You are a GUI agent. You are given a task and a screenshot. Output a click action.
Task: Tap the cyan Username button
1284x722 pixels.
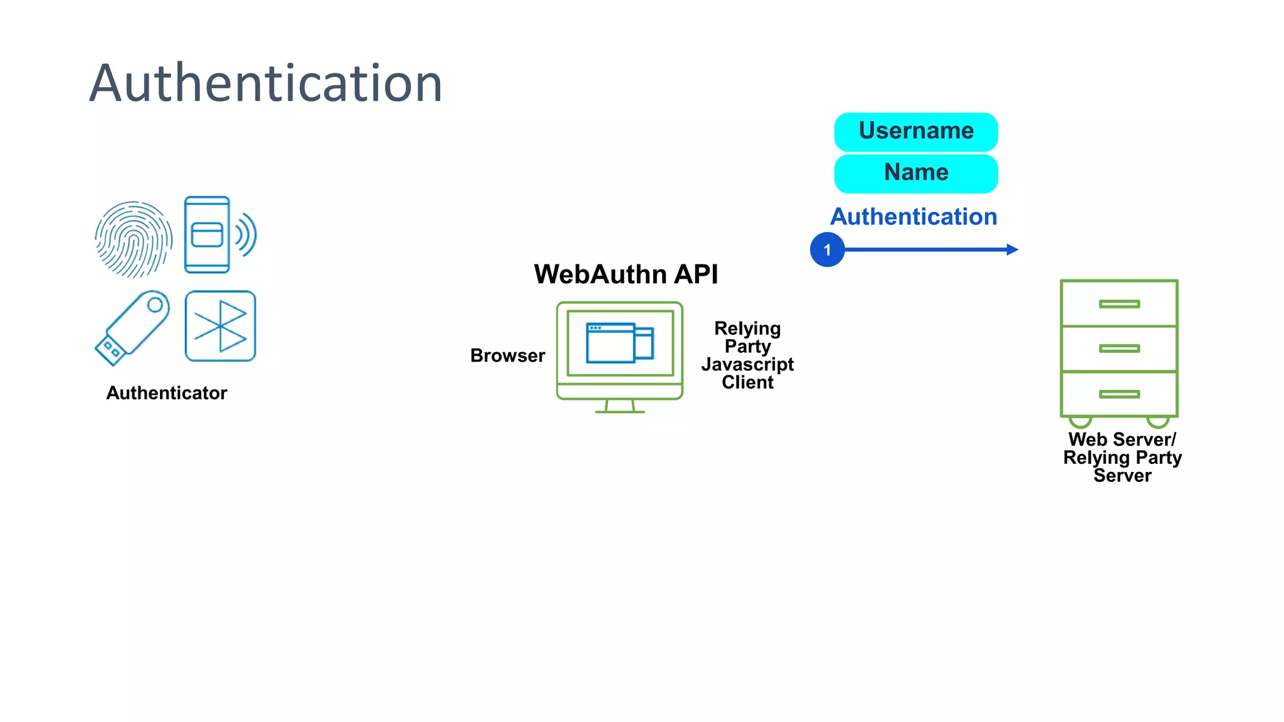click(x=915, y=132)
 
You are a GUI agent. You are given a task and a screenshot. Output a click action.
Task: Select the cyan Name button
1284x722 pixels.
click(x=915, y=173)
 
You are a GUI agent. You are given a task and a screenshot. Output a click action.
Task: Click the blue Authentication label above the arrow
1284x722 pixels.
click(x=913, y=217)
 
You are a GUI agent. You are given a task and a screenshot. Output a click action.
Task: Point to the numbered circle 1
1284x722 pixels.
click(x=827, y=249)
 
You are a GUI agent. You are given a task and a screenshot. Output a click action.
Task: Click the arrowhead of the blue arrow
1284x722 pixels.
click(x=1012, y=249)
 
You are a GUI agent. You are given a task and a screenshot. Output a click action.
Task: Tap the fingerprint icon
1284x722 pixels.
click(x=134, y=239)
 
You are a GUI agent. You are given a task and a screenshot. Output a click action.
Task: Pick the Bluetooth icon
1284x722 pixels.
click(x=221, y=326)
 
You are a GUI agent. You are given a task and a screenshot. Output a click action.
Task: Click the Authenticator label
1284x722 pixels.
click(x=167, y=393)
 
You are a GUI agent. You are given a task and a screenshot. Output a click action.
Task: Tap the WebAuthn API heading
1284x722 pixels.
click(x=626, y=275)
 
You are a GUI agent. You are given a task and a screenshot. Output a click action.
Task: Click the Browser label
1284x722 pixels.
click(x=507, y=356)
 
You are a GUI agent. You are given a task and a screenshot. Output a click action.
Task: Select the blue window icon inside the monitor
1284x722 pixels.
click(x=619, y=343)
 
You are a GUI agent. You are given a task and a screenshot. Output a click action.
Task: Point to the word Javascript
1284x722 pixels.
click(x=747, y=364)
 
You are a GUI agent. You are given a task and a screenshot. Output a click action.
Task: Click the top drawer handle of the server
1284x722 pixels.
click(x=1119, y=304)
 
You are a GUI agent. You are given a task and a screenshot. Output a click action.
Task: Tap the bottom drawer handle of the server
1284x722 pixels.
click(x=1119, y=394)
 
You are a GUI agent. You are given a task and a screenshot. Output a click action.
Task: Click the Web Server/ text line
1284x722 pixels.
click(x=1122, y=439)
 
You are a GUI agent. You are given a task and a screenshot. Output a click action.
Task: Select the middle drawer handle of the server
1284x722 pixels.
click(x=1119, y=348)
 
